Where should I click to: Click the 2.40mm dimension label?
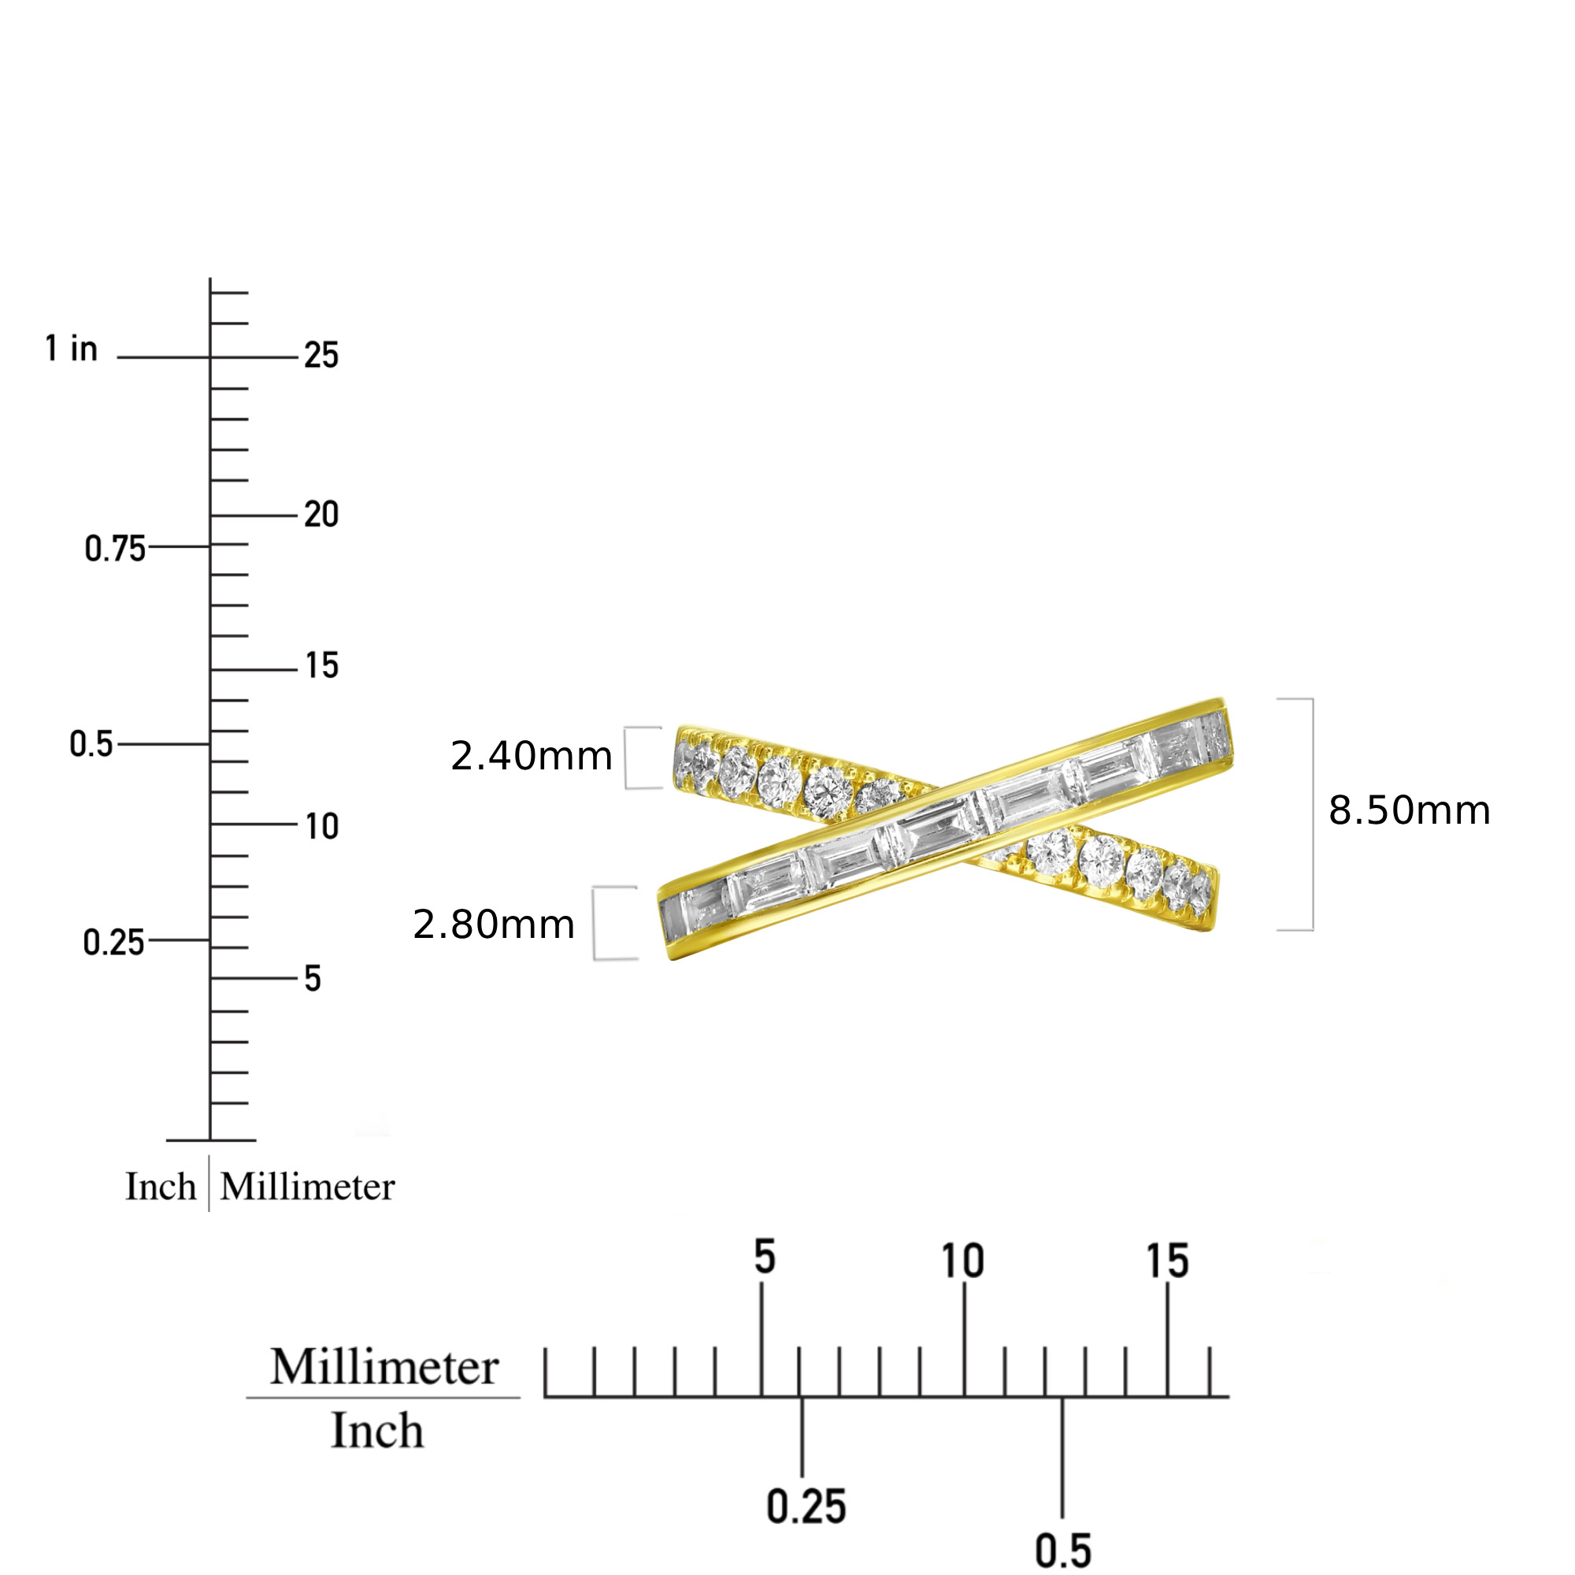click(531, 756)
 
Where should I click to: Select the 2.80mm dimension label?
click(493, 925)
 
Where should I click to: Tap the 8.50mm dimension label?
click(1410, 810)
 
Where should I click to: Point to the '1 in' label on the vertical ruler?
click(71, 348)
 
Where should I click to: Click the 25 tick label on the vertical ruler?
click(321, 355)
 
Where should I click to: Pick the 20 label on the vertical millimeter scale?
click(321, 514)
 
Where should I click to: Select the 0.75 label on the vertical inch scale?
click(115, 549)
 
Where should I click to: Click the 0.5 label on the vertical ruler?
click(91, 743)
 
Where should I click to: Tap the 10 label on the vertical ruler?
click(322, 826)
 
